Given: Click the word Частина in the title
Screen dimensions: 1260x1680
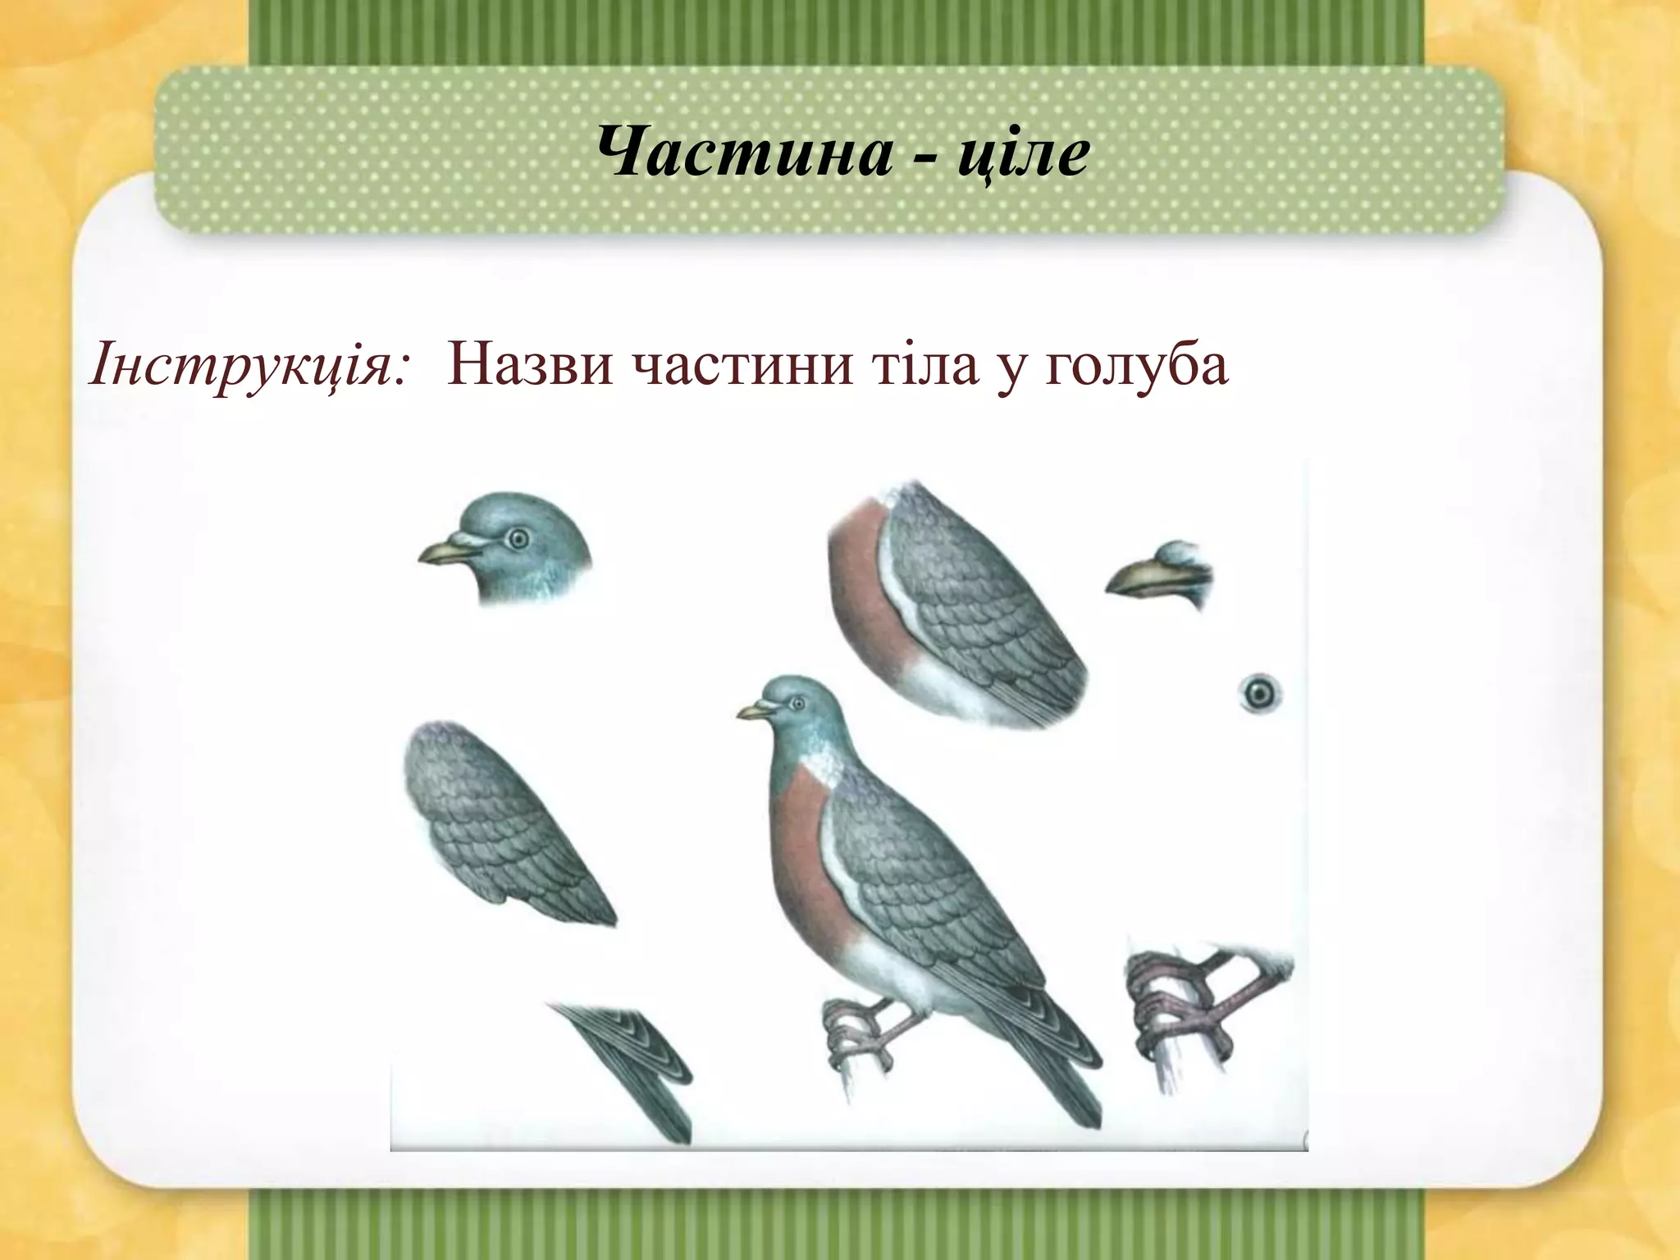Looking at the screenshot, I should [x=743, y=153].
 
